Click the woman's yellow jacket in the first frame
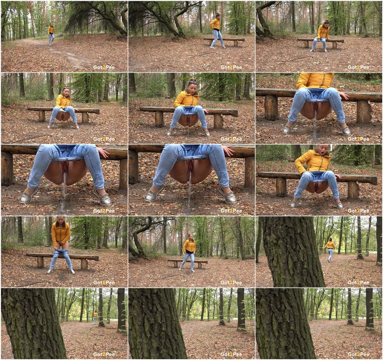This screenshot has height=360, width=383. click(51, 30)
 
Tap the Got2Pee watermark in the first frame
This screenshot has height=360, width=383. click(104, 67)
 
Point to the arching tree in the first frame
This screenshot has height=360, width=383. click(98, 17)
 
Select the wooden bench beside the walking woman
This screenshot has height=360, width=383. click(224, 41)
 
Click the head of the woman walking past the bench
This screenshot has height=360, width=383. click(218, 17)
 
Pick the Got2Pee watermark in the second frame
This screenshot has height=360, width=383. click(231, 67)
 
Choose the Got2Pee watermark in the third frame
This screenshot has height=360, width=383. click(358, 67)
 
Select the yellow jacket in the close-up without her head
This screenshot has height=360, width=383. click(315, 80)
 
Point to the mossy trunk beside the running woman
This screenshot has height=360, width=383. click(293, 251)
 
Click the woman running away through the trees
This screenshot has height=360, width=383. click(330, 250)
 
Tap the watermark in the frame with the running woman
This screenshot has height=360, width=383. click(358, 283)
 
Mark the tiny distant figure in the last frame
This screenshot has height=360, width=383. click(363, 316)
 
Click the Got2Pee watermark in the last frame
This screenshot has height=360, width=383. click(358, 354)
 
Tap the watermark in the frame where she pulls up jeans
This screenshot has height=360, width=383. click(104, 283)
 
